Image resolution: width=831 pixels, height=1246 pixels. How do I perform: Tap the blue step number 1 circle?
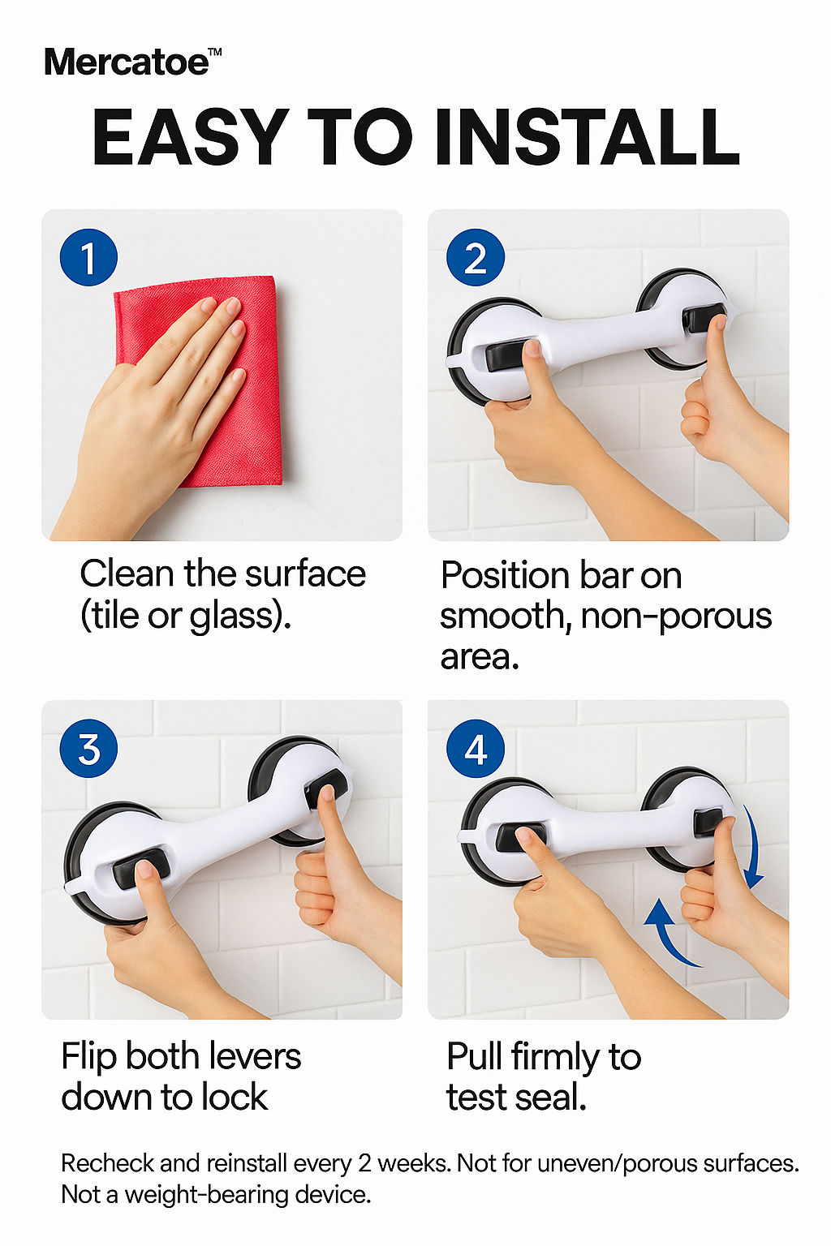pyautogui.click(x=88, y=258)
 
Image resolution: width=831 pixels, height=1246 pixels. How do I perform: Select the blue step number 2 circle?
pyautogui.click(x=476, y=258)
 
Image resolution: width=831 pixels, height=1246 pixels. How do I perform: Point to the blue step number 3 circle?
pyautogui.click(x=88, y=748)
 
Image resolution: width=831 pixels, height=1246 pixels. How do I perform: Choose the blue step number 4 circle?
pyautogui.click(x=476, y=748)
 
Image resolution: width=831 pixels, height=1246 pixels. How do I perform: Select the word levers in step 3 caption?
pyautogui.click(x=255, y=1057)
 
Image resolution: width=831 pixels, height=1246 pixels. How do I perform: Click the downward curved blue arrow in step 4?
pyautogui.click(x=754, y=852)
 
